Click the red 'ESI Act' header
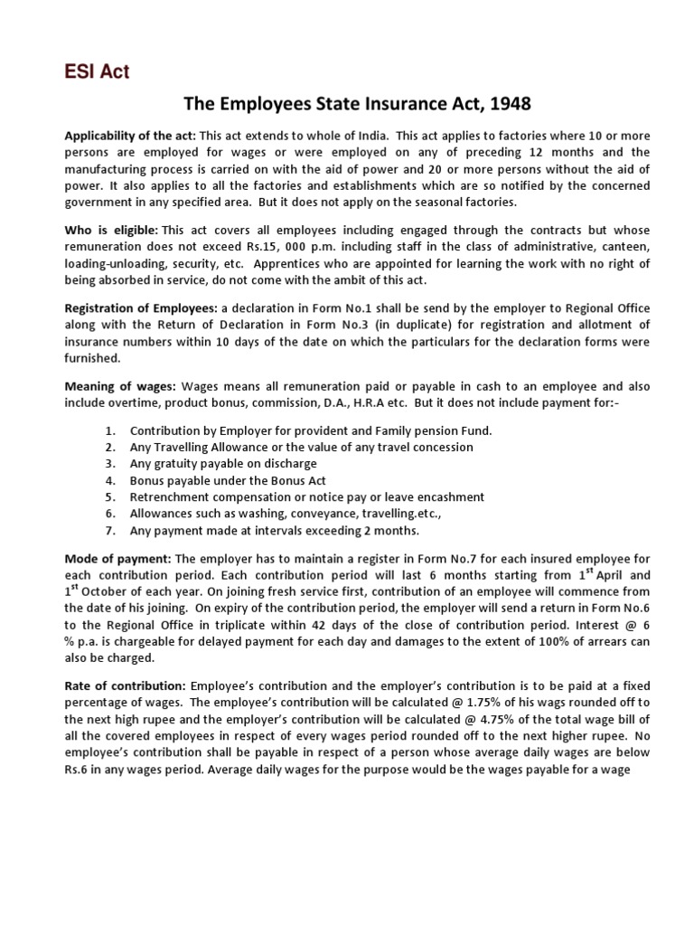[x=97, y=72]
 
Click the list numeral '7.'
[x=110, y=531]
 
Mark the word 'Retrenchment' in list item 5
[x=169, y=497]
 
